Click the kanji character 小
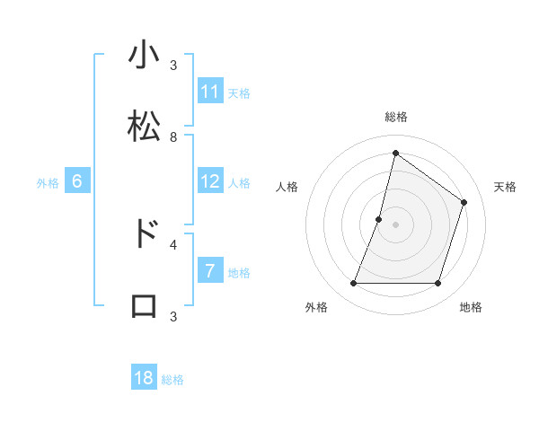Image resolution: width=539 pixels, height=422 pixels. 145,56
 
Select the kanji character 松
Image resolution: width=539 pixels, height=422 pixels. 145,127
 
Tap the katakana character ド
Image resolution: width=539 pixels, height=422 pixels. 145,233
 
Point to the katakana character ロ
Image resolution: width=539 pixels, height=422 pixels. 145,305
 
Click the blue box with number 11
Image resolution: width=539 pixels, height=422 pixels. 210,92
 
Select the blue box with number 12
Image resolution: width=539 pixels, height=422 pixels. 210,181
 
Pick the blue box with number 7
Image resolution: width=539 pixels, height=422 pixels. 210,271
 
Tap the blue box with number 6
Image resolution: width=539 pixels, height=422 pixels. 77,181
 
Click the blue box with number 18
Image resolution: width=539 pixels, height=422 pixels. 144,379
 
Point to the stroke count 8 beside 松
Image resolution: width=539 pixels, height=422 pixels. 173,137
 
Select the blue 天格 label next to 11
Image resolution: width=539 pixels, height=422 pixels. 238,92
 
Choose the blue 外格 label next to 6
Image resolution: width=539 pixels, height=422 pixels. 48,182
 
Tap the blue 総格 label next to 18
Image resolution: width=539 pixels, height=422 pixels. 172,380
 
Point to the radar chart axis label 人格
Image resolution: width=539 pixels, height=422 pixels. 287,187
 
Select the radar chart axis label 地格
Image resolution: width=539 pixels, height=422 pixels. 471,307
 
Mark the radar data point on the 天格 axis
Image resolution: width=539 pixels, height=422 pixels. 464,202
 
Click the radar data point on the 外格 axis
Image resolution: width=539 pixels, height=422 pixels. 353,284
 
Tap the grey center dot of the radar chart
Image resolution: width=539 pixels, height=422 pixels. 395,224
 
